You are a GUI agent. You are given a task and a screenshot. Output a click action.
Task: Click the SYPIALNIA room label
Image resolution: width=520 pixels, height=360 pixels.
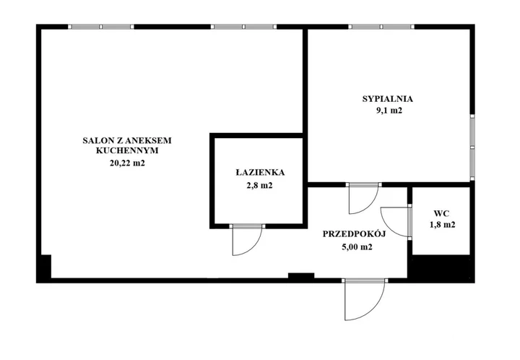click(387, 99)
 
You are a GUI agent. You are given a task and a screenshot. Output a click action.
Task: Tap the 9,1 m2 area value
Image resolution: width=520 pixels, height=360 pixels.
click(389, 111)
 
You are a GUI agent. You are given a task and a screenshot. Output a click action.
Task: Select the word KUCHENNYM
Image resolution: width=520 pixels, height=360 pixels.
click(127, 150)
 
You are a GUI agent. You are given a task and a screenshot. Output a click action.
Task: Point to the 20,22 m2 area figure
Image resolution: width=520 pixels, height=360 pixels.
click(127, 163)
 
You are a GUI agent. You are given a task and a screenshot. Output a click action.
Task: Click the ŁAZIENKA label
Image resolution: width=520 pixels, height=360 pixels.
click(260, 173)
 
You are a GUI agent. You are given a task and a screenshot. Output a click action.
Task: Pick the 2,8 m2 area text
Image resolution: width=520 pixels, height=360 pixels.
click(259, 186)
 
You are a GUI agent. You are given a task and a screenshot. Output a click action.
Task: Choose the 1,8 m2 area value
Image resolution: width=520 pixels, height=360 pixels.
click(443, 225)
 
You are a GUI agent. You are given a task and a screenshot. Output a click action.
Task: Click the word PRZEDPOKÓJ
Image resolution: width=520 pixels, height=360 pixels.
click(354, 234)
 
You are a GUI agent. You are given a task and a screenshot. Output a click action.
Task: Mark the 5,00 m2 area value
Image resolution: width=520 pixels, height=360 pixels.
click(357, 247)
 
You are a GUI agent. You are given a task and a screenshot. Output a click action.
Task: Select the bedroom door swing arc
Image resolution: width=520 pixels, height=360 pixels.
click(370, 205)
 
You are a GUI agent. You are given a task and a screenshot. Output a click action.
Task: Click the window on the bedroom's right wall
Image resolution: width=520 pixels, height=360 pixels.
click(472, 147)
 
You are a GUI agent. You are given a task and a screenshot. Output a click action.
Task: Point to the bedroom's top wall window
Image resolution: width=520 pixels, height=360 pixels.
click(381, 27)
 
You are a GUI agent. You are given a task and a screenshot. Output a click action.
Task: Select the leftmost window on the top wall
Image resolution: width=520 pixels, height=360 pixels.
click(101, 27)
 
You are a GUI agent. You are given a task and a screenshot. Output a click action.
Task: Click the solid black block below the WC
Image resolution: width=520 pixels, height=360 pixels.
click(441, 268)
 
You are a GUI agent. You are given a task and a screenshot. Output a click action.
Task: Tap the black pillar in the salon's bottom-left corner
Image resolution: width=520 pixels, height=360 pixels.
click(44, 268)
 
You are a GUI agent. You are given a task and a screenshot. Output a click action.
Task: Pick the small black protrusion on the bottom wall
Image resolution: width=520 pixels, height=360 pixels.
click(301, 275)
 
